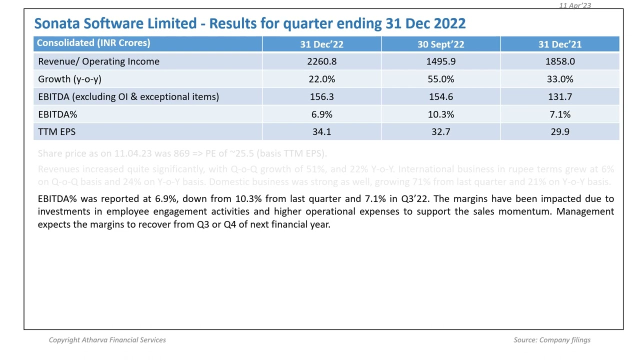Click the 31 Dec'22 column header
tap(321, 44)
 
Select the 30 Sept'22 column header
tap(440, 44)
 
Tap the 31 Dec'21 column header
tap(559, 44)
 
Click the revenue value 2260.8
tap(321, 61)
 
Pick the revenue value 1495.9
tap(440, 61)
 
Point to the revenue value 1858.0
tap(559, 61)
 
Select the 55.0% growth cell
tap(440, 79)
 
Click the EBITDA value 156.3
tap(321, 96)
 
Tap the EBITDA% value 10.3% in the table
tap(440, 114)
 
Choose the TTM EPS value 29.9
tap(559, 132)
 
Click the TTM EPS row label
tap(56, 132)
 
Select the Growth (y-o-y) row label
tap(69, 79)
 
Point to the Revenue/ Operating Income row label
tap(98, 61)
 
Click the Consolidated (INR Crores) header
tap(93, 43)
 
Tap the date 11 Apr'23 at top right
tap(574, 5)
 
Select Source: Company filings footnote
tap(551, 340)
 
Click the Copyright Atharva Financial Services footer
tap(107, 340)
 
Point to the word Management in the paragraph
tap(585, 211)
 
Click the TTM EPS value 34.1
tap(321, 132)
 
